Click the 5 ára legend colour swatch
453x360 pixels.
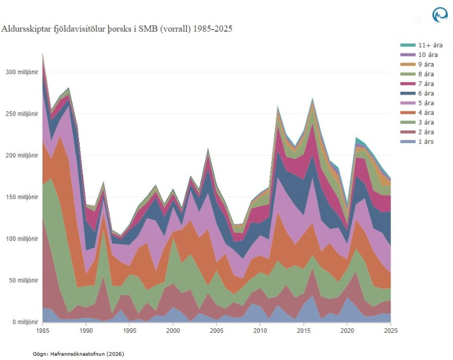[406, 103]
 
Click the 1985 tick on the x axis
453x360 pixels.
[42, 331]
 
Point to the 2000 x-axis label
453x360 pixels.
[173, 331]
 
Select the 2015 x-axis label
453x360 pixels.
[303, 331]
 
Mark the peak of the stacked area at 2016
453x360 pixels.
[312, 98]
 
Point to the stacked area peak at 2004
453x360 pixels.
[208, 149]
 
